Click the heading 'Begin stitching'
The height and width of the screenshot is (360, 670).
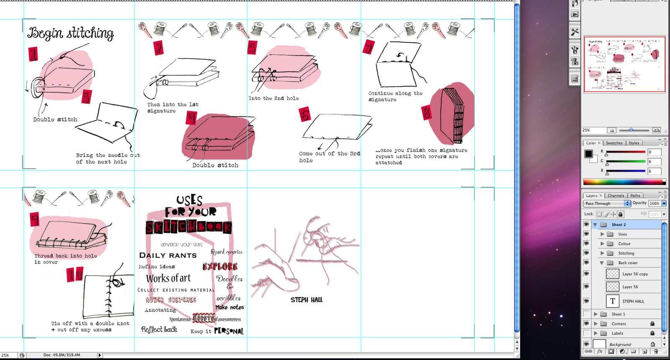(x=70, y=33)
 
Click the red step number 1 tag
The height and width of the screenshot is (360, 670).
(x=33, y=54)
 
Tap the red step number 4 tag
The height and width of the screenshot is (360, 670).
(x=191, y=118)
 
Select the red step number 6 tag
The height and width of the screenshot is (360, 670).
(x=305, y=115)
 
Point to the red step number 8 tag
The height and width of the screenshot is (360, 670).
(x=426, y=113)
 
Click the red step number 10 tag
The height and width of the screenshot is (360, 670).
(x=75, y=275)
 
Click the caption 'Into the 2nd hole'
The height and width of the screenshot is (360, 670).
(x=273, y=98)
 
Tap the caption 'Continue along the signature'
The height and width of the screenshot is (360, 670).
(x=395, y=96)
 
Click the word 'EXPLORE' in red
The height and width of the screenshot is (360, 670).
(x=220, y=267)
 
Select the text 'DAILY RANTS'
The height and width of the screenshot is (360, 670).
(x=167, y=255)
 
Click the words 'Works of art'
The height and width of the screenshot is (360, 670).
(x=168, y=278)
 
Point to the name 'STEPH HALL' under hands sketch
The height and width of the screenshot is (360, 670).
(x=307, y=300)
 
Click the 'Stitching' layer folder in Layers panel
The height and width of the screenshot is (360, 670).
(x=626, y=253)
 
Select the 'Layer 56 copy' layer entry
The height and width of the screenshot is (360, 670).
(x=635, y=274)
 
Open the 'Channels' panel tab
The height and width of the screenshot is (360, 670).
(x=616, y=195)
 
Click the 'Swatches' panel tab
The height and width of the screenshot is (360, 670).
(x=614, y=143)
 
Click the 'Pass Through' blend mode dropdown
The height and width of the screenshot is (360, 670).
(x=606, y=203)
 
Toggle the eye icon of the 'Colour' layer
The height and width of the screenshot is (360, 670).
(x=586, y=244)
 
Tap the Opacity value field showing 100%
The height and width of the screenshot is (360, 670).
(x=654, y=203)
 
